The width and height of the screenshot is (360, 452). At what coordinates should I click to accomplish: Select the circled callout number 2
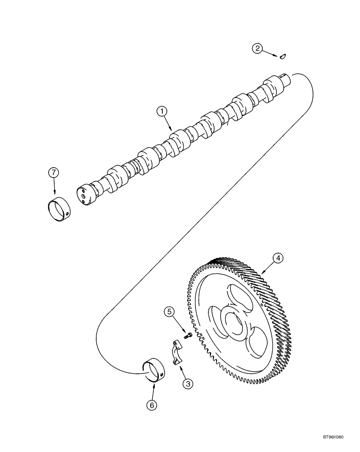pos(257,48)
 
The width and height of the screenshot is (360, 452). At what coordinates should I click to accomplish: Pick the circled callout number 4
pos(278,258)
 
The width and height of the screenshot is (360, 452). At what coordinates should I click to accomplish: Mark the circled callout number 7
pos(54,173)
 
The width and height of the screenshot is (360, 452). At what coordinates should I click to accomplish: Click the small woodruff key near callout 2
pos(284,56)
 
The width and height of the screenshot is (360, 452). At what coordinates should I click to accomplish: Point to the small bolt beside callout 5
pos(189,336)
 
